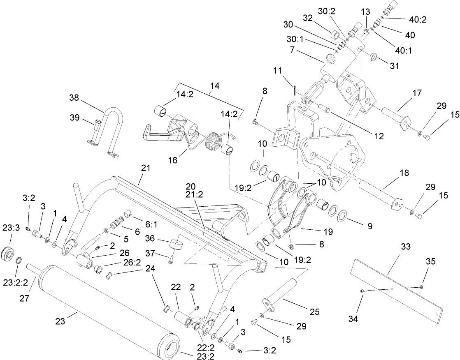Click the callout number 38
click(x=74, y=98)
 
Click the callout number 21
click(x=146, y=168)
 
